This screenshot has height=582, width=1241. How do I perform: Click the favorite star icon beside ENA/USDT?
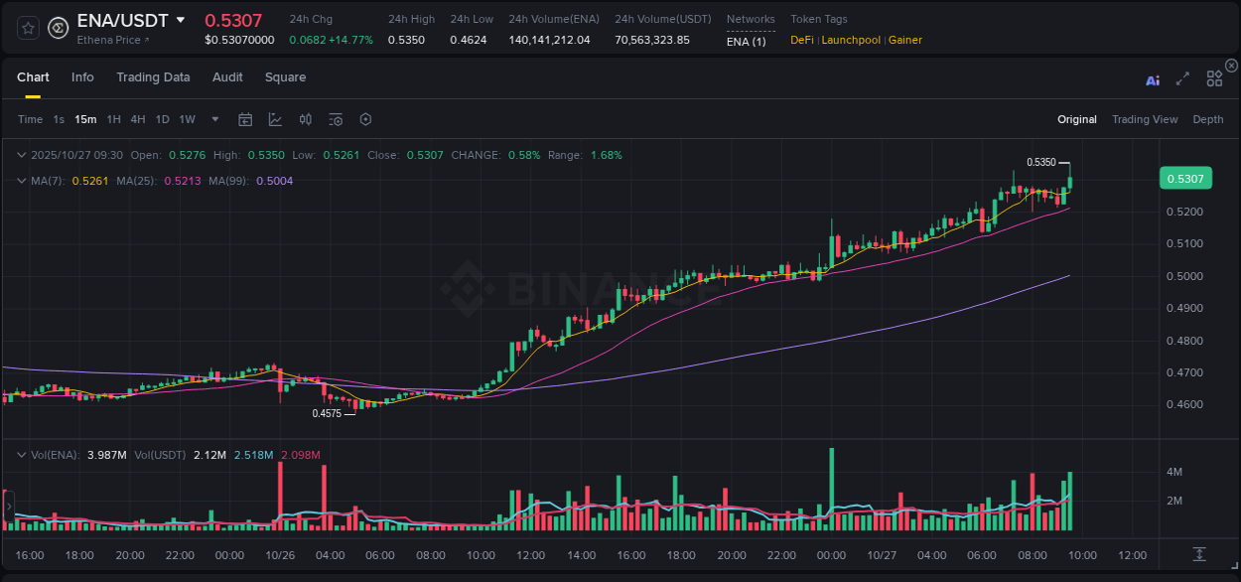click(x=28, y=28)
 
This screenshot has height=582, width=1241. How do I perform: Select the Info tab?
click(x=82, y=77)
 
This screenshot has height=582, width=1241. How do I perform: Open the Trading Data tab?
click(x=153, y=77)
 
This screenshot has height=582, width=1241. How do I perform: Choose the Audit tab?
click(x=227, y=77)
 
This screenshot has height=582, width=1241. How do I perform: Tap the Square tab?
click(x=285, y=77)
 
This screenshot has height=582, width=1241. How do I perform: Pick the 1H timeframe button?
click(x=113, y=119)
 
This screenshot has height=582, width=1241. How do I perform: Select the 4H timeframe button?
click(x=137, y=119)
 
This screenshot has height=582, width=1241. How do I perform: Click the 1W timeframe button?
click(x=187, y=119)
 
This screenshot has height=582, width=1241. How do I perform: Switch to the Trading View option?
click(x=1144, y=119)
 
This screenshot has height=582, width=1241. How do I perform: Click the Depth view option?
click(x=1207, y=119)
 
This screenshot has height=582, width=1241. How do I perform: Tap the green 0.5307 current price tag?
click(x=1184, y=179)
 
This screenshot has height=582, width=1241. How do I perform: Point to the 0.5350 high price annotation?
click(x=1040, y=162)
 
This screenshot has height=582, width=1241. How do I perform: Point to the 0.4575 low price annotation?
click(x=327, y=413)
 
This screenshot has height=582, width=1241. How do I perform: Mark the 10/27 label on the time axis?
click(x=881, y=555)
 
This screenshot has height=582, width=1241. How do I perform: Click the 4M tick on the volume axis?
click(x=1173, y=472)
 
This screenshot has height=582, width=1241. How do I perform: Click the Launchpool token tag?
click(x=850, y=40)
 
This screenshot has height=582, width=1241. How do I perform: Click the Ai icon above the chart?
click(x=1153, y=80)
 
